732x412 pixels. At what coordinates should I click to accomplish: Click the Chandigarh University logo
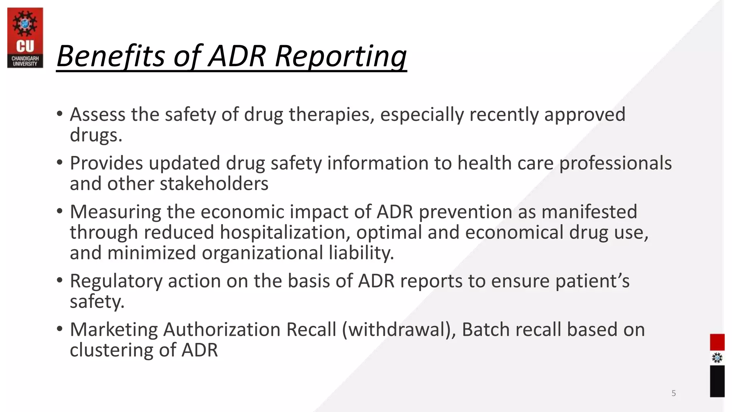click(x=25, y=38)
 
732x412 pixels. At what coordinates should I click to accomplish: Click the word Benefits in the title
click(x=111, y=56)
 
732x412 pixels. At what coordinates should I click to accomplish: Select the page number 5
click(x=673, y=393)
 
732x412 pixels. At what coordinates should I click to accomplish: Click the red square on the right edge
click(x=717, y=342)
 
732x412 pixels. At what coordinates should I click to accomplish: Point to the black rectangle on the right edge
click(x=717, y=381)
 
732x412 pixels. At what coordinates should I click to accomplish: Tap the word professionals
click(x=615, y=163)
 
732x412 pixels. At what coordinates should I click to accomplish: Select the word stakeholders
click(x=214, y=184)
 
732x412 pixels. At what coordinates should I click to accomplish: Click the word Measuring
click(x=115, y=212)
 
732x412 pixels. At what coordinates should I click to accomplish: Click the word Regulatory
click(x=116, y=281)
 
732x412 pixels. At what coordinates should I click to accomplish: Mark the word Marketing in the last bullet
click(x=114, y=329)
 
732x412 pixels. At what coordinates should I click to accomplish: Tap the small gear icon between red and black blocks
click(x=717, y=358)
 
